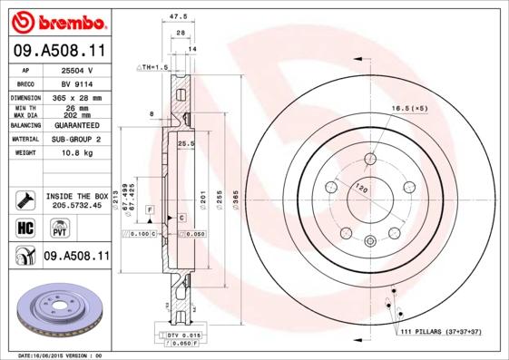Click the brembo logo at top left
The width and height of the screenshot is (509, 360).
tap(56, 20)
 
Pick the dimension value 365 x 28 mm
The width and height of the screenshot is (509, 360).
tap(74, 97)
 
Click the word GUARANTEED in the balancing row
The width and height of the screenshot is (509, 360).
tap(75, 124)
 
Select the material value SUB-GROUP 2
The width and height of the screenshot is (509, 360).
tap(75, 139)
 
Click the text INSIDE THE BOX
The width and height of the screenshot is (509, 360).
tap(75, 196)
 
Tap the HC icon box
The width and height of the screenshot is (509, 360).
tap(24, 227)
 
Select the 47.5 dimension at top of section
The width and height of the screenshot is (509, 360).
tap(178, 15)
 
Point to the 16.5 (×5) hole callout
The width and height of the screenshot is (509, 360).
tap(409, 109)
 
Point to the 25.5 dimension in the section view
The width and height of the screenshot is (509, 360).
tap(188, 144)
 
